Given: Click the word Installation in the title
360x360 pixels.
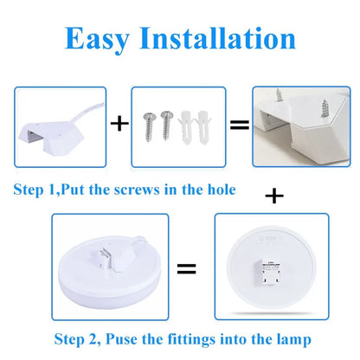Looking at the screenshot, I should [222, 39].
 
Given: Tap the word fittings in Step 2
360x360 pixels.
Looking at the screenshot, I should [178, 339].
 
